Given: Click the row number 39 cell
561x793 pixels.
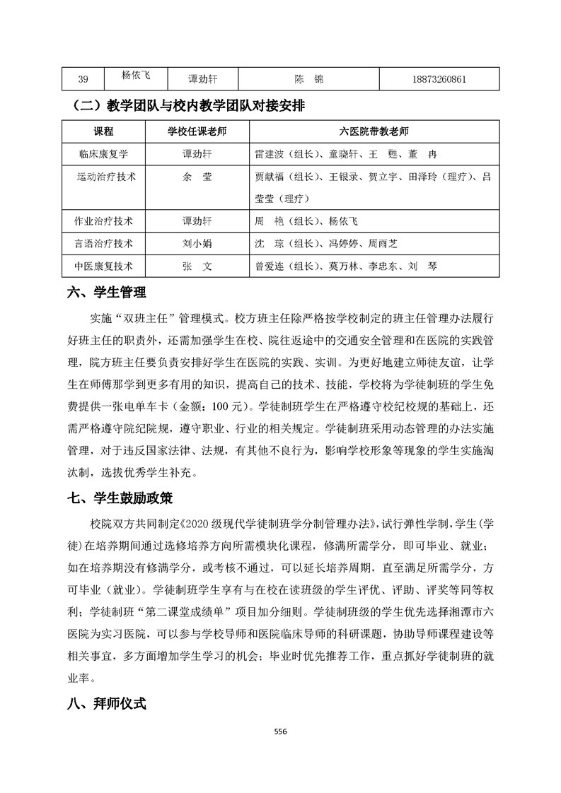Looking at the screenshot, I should (83, 79).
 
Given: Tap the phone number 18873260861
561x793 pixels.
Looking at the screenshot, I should (439, 79).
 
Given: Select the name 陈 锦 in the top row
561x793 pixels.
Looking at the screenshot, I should (308, 79).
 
